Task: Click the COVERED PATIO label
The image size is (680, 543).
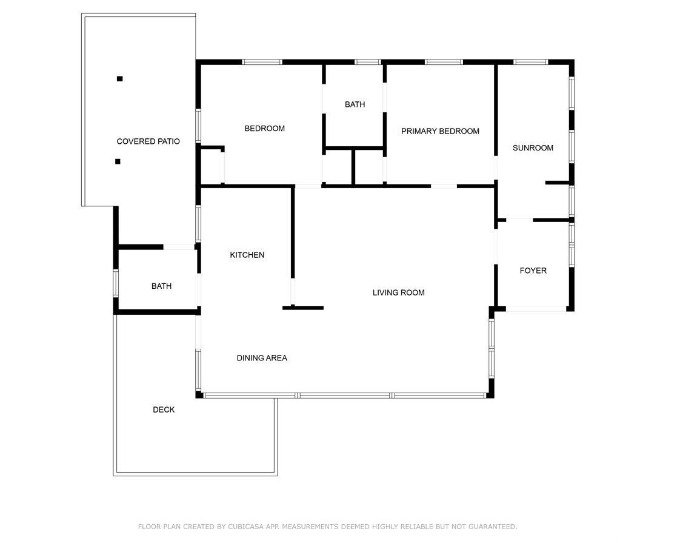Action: click(x=148, y=141)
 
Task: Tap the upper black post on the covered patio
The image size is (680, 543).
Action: click(x=119, y=78)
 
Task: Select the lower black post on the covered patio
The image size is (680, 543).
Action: click(x=118, y=161)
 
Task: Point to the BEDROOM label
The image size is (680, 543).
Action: click(x=264, y=128)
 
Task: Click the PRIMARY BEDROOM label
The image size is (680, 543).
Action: click(x=440, y=131)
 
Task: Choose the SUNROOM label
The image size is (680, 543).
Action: click(x=533, y=147)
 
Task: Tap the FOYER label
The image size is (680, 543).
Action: click(x=533, y=271)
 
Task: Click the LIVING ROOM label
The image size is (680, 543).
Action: click(x=399, y=292)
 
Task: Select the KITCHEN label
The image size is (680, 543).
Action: click(x=247, y=255)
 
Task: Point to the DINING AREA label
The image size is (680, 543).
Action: click(x=262, y=358)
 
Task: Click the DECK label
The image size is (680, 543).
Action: click(x=164, y=410)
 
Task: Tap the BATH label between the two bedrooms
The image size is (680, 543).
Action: click(x=355, y=104)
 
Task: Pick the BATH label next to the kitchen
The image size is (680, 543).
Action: click(x=161, y=286)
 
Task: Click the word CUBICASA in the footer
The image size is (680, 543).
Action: click(x=245, y=527)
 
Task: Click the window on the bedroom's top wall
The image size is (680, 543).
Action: click(x=262, y=62)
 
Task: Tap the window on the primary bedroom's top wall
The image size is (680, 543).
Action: click(x=444, y=62)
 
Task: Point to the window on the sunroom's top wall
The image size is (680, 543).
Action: click(x=530, y=62)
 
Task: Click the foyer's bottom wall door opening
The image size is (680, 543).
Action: click(x=536, y=309)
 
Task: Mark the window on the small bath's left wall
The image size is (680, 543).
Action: click(x=116, y=283)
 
